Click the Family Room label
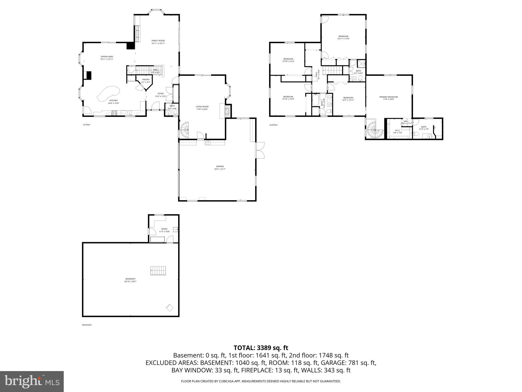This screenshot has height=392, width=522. (158, 41)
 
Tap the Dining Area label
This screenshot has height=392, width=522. (107, 57)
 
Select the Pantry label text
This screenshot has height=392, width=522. (146, 80)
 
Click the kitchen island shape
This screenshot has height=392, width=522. (108, 93)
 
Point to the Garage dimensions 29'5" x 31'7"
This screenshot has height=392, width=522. (220, 169)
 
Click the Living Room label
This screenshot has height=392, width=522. (202, 107)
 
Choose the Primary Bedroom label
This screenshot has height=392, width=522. (388, 97)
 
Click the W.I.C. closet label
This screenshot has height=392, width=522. (397, 130)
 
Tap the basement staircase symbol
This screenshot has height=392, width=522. (158, 271)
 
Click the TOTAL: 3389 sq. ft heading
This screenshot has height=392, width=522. (261, 348)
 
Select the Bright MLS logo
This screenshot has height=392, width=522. (32, 381)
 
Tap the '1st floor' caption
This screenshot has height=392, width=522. (86, 125)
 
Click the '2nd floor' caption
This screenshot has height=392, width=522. (273, 125)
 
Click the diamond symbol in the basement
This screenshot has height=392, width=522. (170, 308)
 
